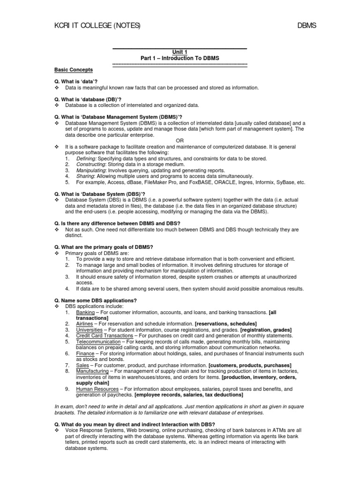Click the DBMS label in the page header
pyautogui.click(x=307, y=25)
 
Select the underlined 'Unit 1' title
pyautogui.click(x=180, y=52)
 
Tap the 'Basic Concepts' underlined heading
pyautogui.click(x=74, y=70)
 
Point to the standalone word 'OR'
pyautogui.click(x=180, y=141)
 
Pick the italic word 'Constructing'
pyautogui.click(x=91, y=165)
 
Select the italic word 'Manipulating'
pyautogui.click(x=91, y=171)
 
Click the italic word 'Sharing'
pyautogui.click(x=85, y=176)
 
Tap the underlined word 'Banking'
pyautogui.click(x=85, y=312)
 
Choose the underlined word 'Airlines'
pyautogui.click(x=85, y=324)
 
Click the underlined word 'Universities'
pyautogui.click(x=89, y=330)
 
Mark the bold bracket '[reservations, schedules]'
pyautogui.click(x=226, y=324)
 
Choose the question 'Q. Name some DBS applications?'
pyautogui.click(x=96, y=300)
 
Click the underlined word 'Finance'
pyautogui.click(x=85, y=353)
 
